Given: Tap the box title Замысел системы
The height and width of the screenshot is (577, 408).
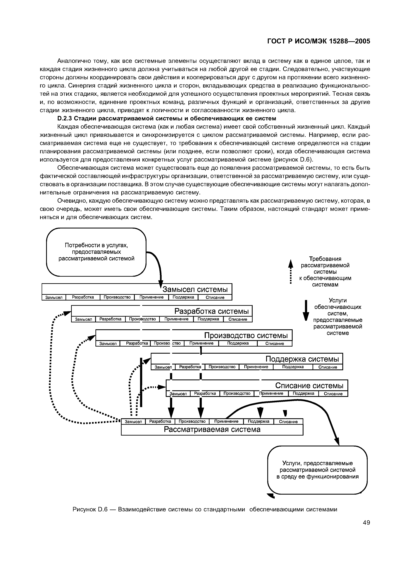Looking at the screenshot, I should (197, 289).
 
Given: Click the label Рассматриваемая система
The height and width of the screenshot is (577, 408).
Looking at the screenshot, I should (212, 429).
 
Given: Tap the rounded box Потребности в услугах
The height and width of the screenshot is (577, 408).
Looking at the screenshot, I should (96, 252).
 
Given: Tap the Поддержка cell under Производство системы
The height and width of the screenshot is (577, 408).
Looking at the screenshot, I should (238, 343).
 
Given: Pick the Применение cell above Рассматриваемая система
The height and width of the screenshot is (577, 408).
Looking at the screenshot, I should (226, 421).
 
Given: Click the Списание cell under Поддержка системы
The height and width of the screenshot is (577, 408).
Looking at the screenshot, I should (328, 367).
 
